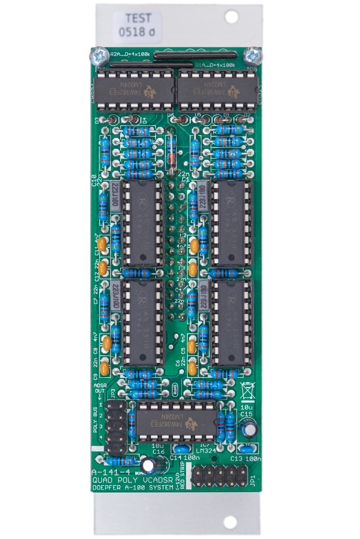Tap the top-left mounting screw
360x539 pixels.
tap(98, 55)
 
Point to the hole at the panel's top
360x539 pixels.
tap(231, 17)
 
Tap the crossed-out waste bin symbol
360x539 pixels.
tap(247, 388)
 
